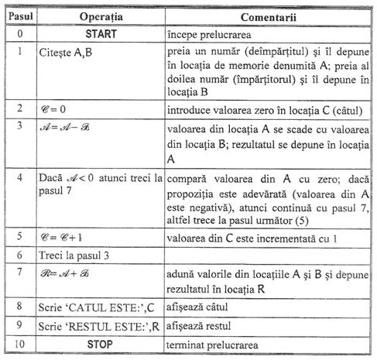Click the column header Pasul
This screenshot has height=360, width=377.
[17, 15]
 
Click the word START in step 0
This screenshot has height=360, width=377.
[99, 35]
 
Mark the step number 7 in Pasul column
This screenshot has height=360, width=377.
[17, 273]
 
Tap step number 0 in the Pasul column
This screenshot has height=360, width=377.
[17, 35]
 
